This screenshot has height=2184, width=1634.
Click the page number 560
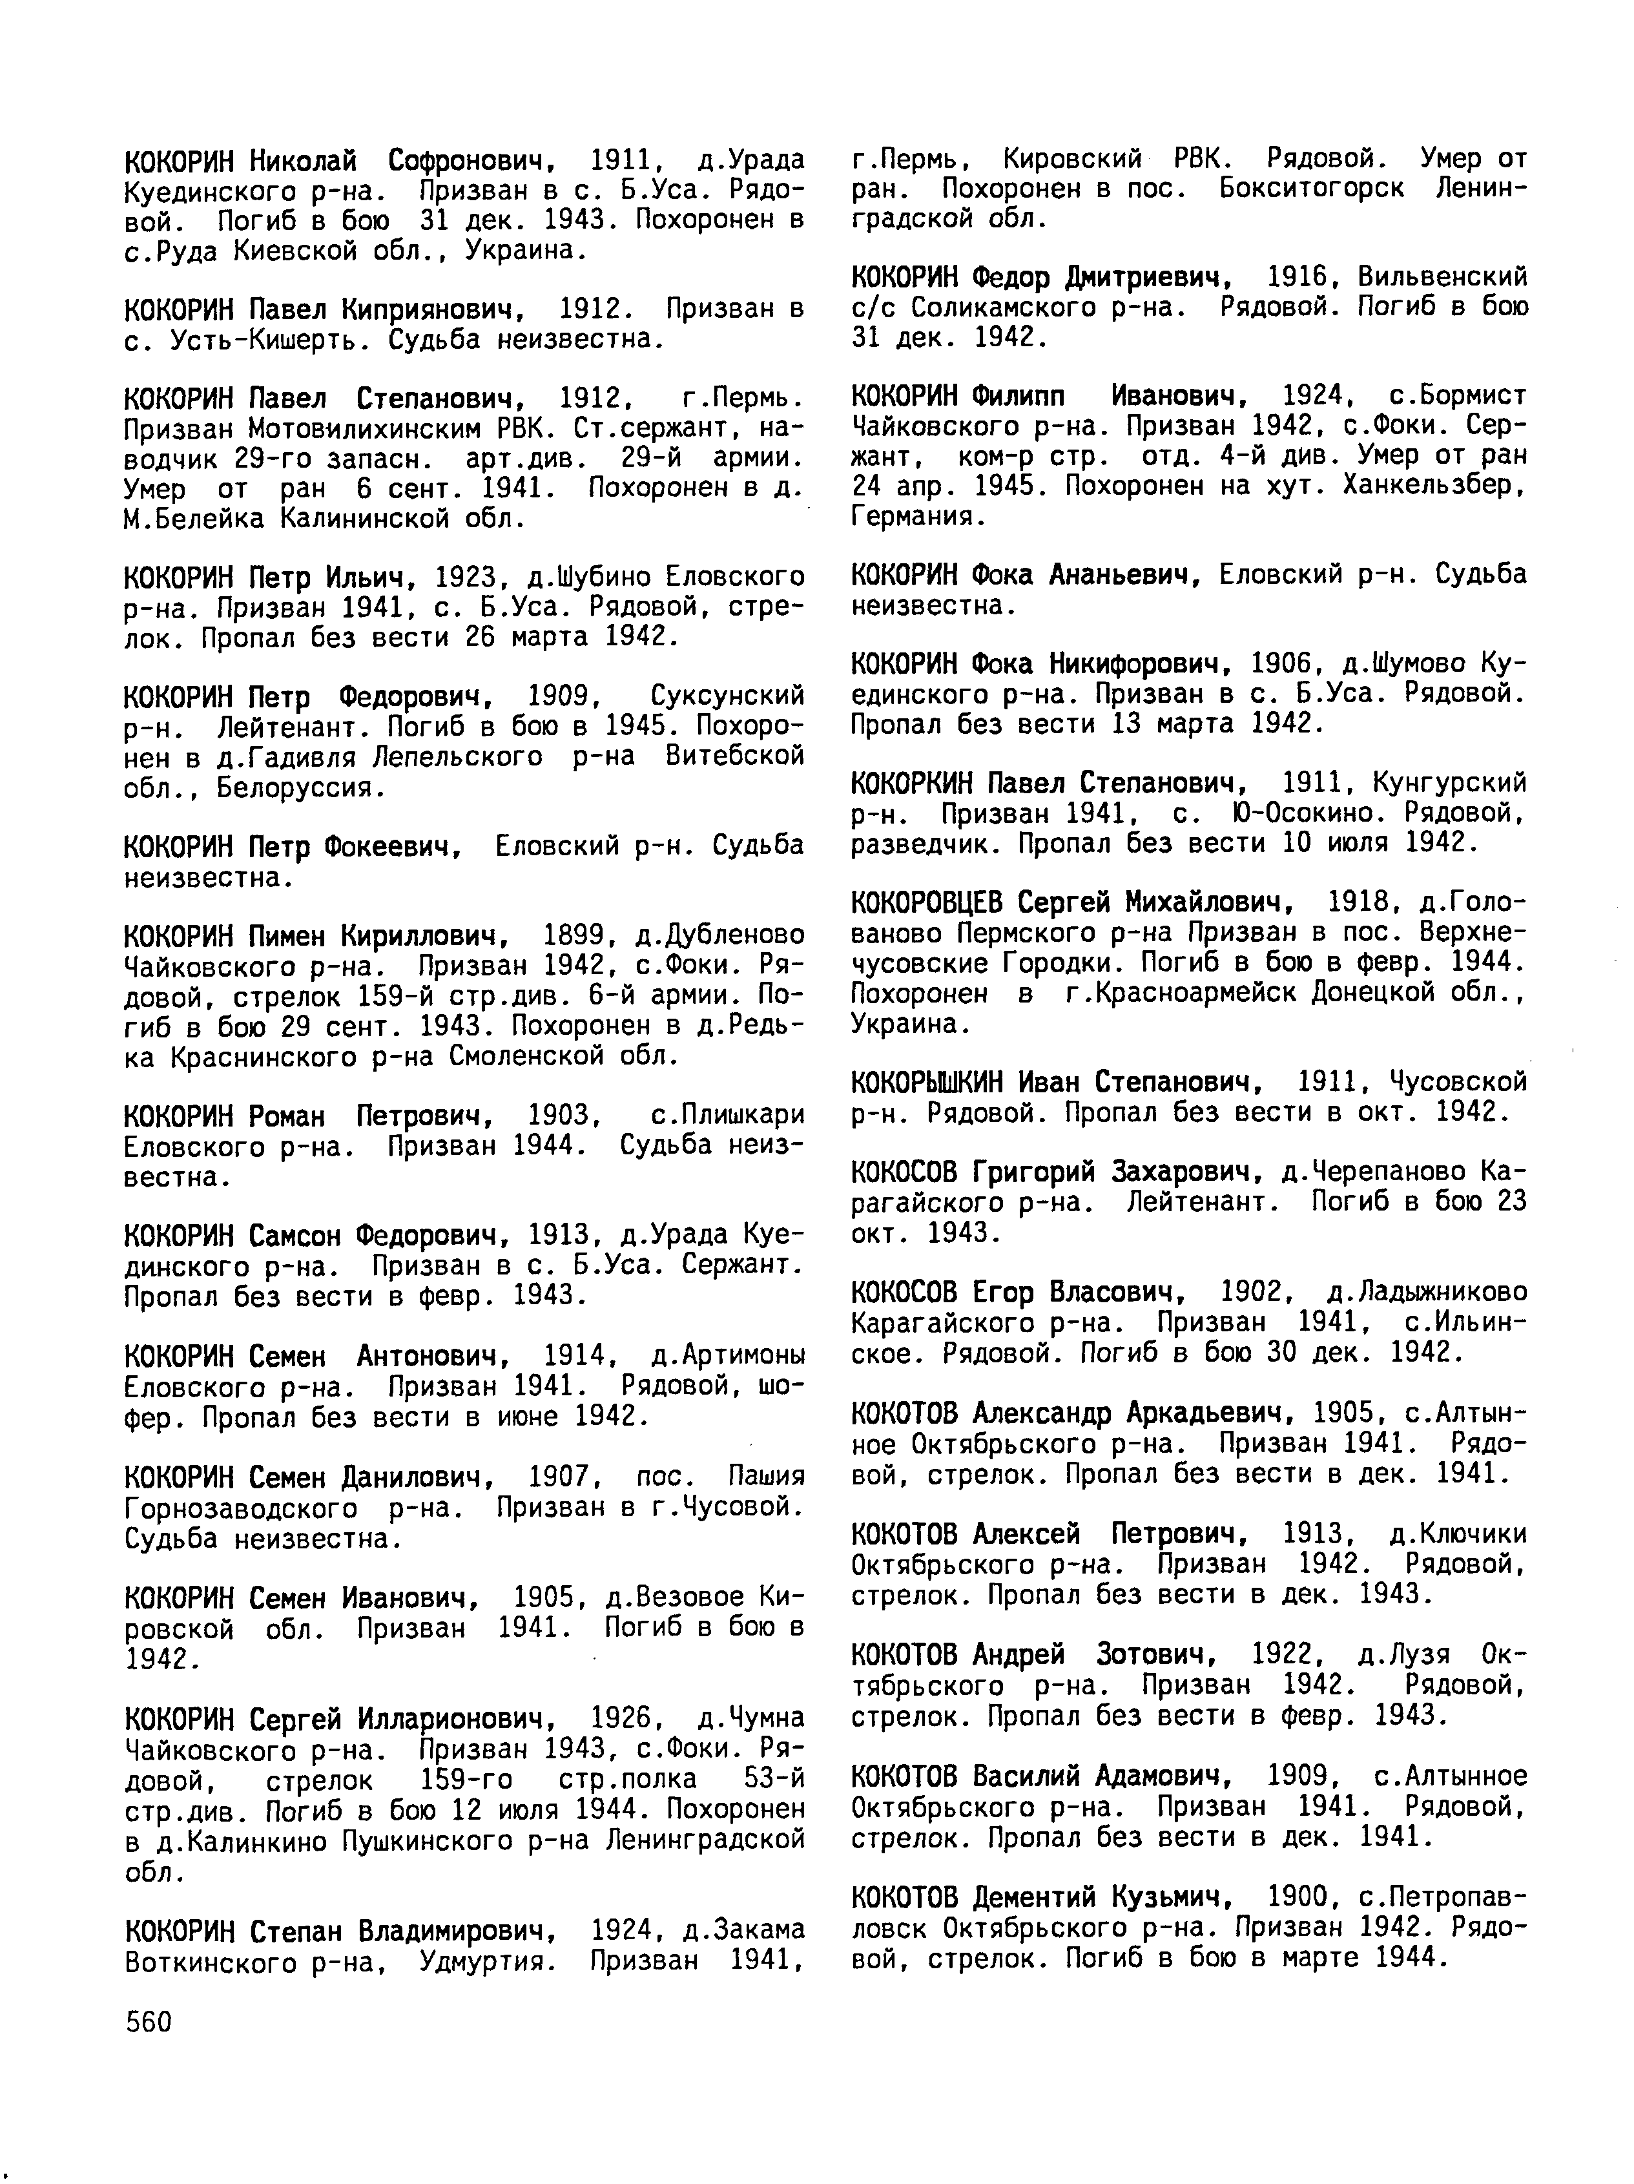[149, 2022]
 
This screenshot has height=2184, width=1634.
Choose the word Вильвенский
[1442, 278]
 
